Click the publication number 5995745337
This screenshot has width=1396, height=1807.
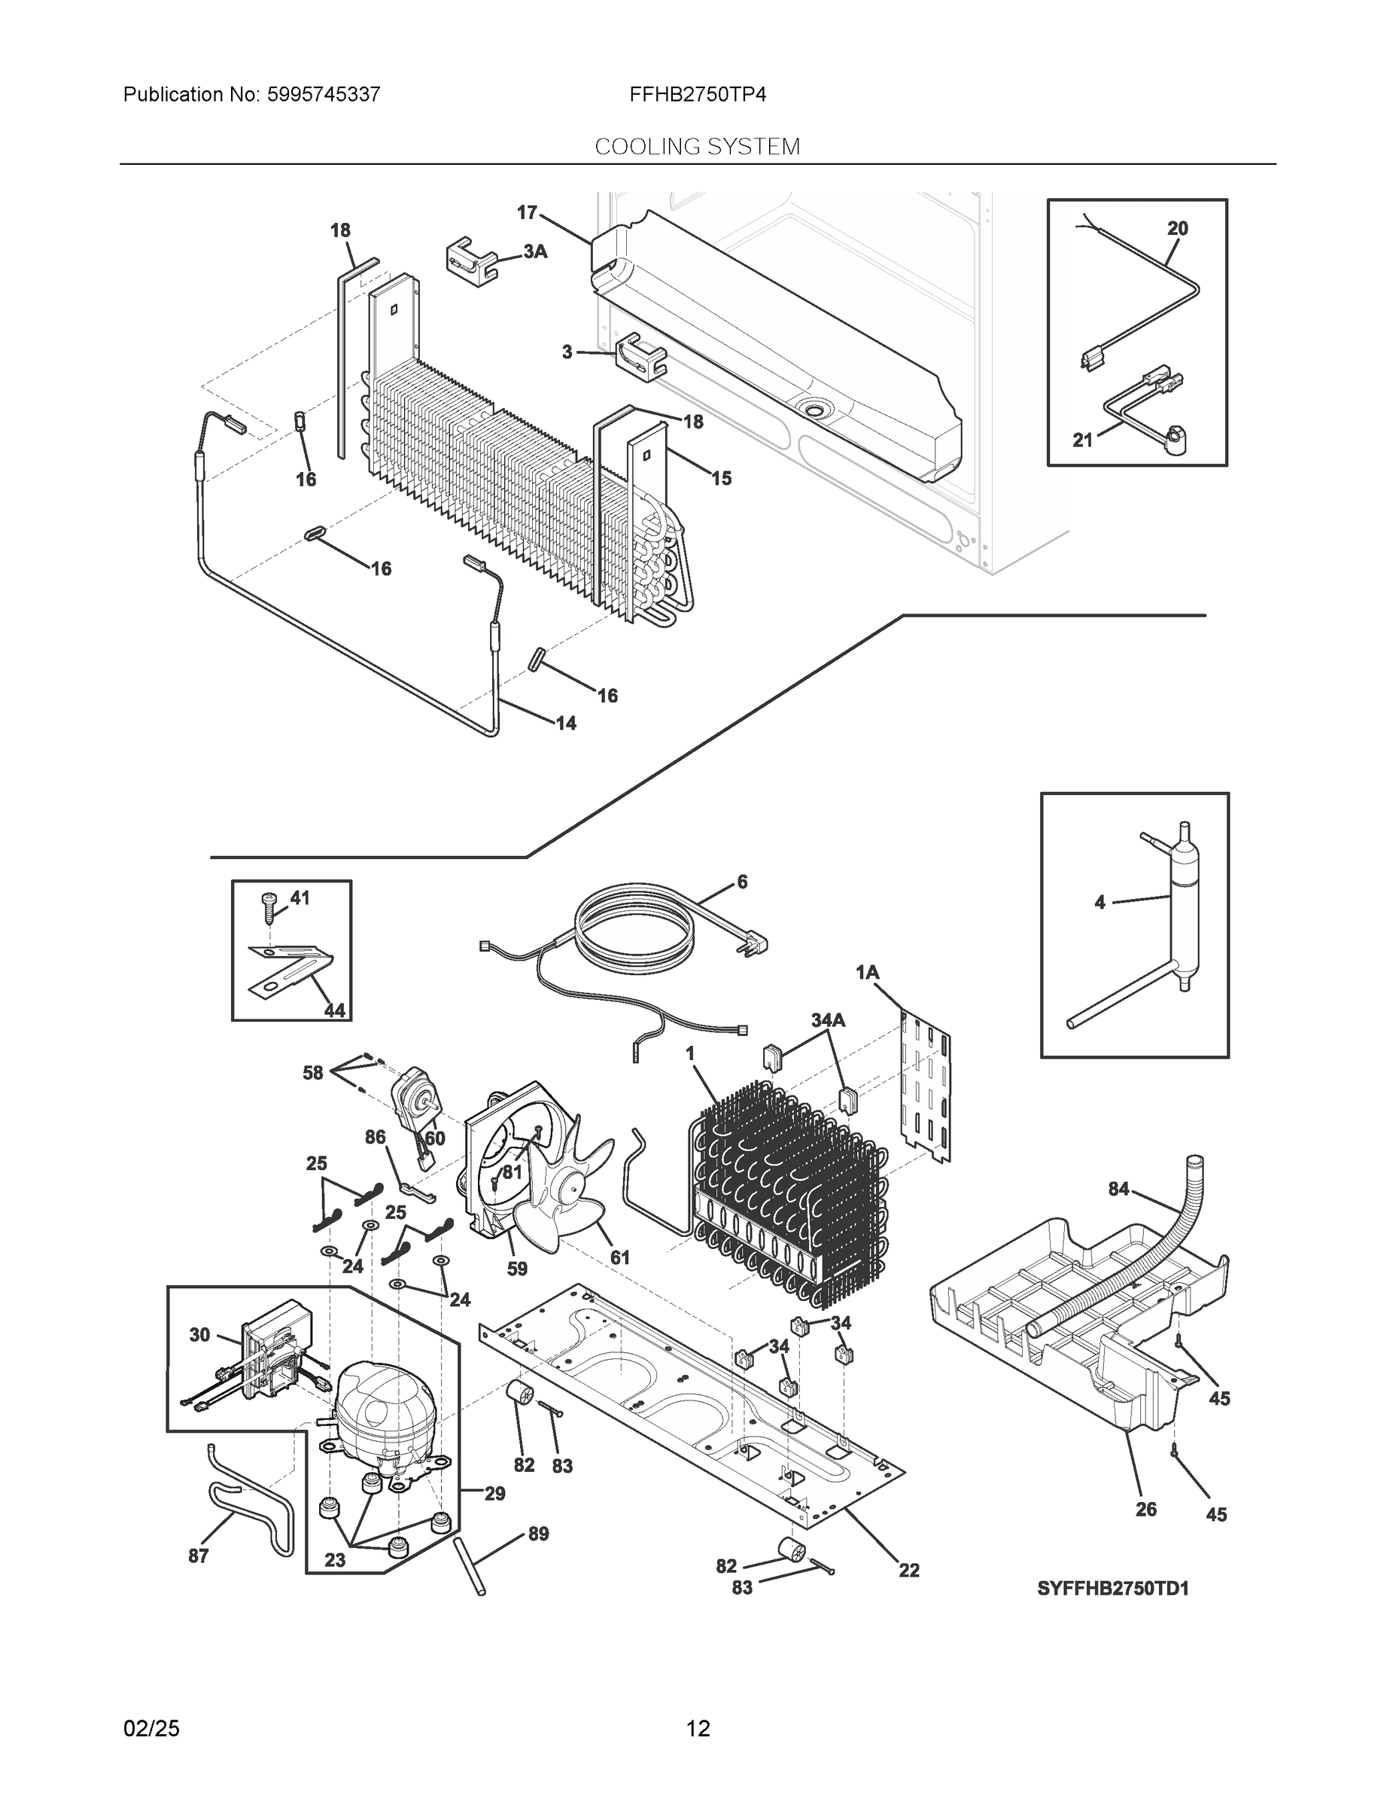coord(324,94)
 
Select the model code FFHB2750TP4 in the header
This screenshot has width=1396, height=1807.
coord(697,94)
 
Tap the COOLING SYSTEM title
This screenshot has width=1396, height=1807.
coord(697,147)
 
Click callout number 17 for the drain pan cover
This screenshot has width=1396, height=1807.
coord(527,212)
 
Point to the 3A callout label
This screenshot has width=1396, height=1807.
coord(535,251)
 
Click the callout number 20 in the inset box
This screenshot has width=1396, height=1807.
coord(1177,227)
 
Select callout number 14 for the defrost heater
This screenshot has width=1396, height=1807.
coord(566,723)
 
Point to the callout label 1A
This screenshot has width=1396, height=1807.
coord(867,973)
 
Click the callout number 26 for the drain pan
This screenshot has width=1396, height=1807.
coord(1145,1509)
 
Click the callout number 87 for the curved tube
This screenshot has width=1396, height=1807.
coord(199,1556)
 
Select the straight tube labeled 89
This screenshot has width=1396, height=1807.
coord(469,1566)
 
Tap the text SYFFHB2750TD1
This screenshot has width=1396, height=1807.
coord(1112,1589)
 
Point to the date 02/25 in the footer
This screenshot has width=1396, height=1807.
coord(151,1729)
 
